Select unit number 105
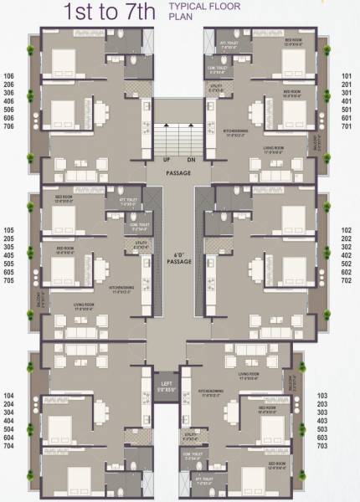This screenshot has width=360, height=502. tap(9, 228)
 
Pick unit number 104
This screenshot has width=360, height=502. tap(9, 393)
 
